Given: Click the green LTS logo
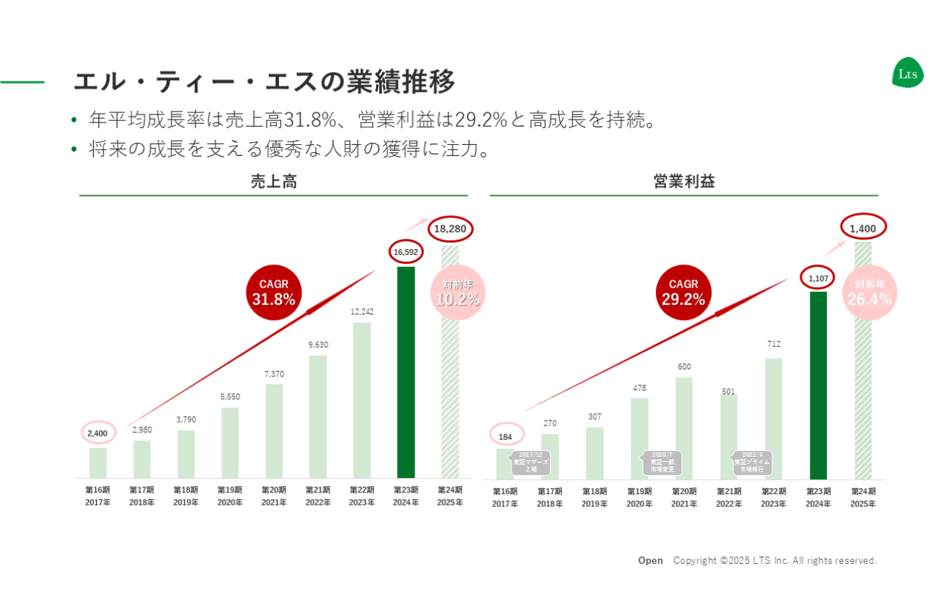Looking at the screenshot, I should (907, 74).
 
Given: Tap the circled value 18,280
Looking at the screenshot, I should (450, 229).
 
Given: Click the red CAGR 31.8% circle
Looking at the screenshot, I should (274, 292).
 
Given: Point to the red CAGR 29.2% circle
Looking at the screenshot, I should (684, 292).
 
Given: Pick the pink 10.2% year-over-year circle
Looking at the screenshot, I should (458, 293).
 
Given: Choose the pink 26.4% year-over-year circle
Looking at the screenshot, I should (869, 292).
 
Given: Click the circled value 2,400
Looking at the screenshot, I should (98, 433).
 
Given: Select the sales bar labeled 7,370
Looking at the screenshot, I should (274, 430).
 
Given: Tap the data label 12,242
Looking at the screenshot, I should (362, 312).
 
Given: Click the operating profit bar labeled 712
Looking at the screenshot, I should (774, 417).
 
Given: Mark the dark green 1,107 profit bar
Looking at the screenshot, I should (818, 385).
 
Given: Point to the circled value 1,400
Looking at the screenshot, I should (863, 228).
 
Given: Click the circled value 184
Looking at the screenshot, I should (505, 436).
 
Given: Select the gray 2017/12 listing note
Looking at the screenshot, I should (531, 463).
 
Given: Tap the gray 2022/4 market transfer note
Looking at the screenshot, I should (751, 463).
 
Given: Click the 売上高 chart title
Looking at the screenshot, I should (273, 182).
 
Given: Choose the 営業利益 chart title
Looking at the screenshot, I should (684, 182).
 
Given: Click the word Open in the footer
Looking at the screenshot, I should (651, 560).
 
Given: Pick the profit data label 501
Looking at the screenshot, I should (729, 391).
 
